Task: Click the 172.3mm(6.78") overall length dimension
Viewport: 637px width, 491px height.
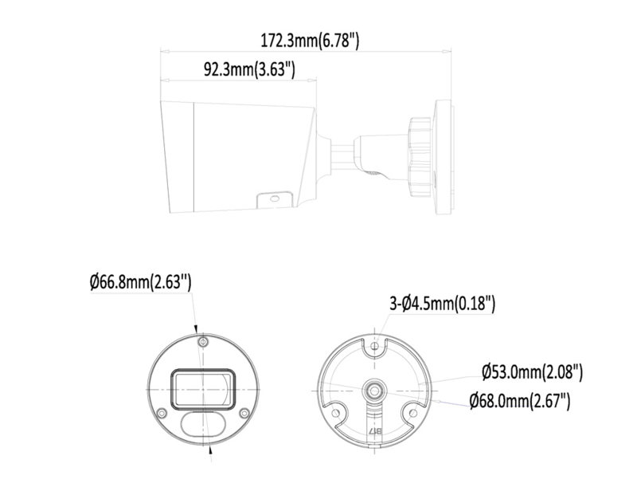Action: (310, 41)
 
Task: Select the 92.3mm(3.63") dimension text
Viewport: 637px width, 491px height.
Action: (249, 69)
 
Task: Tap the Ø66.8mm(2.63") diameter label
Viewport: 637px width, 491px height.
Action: (140, 282)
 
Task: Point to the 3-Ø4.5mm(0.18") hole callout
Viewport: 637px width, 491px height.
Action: (443, 304)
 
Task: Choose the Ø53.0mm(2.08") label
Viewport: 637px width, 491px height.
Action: (532, 372)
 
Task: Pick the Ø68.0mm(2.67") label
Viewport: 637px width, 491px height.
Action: (520, 401)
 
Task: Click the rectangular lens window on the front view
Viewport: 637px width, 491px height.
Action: (203, 388)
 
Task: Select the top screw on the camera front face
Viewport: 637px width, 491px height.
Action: (203, 342)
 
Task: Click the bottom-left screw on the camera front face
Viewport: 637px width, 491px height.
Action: (162, 413)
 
